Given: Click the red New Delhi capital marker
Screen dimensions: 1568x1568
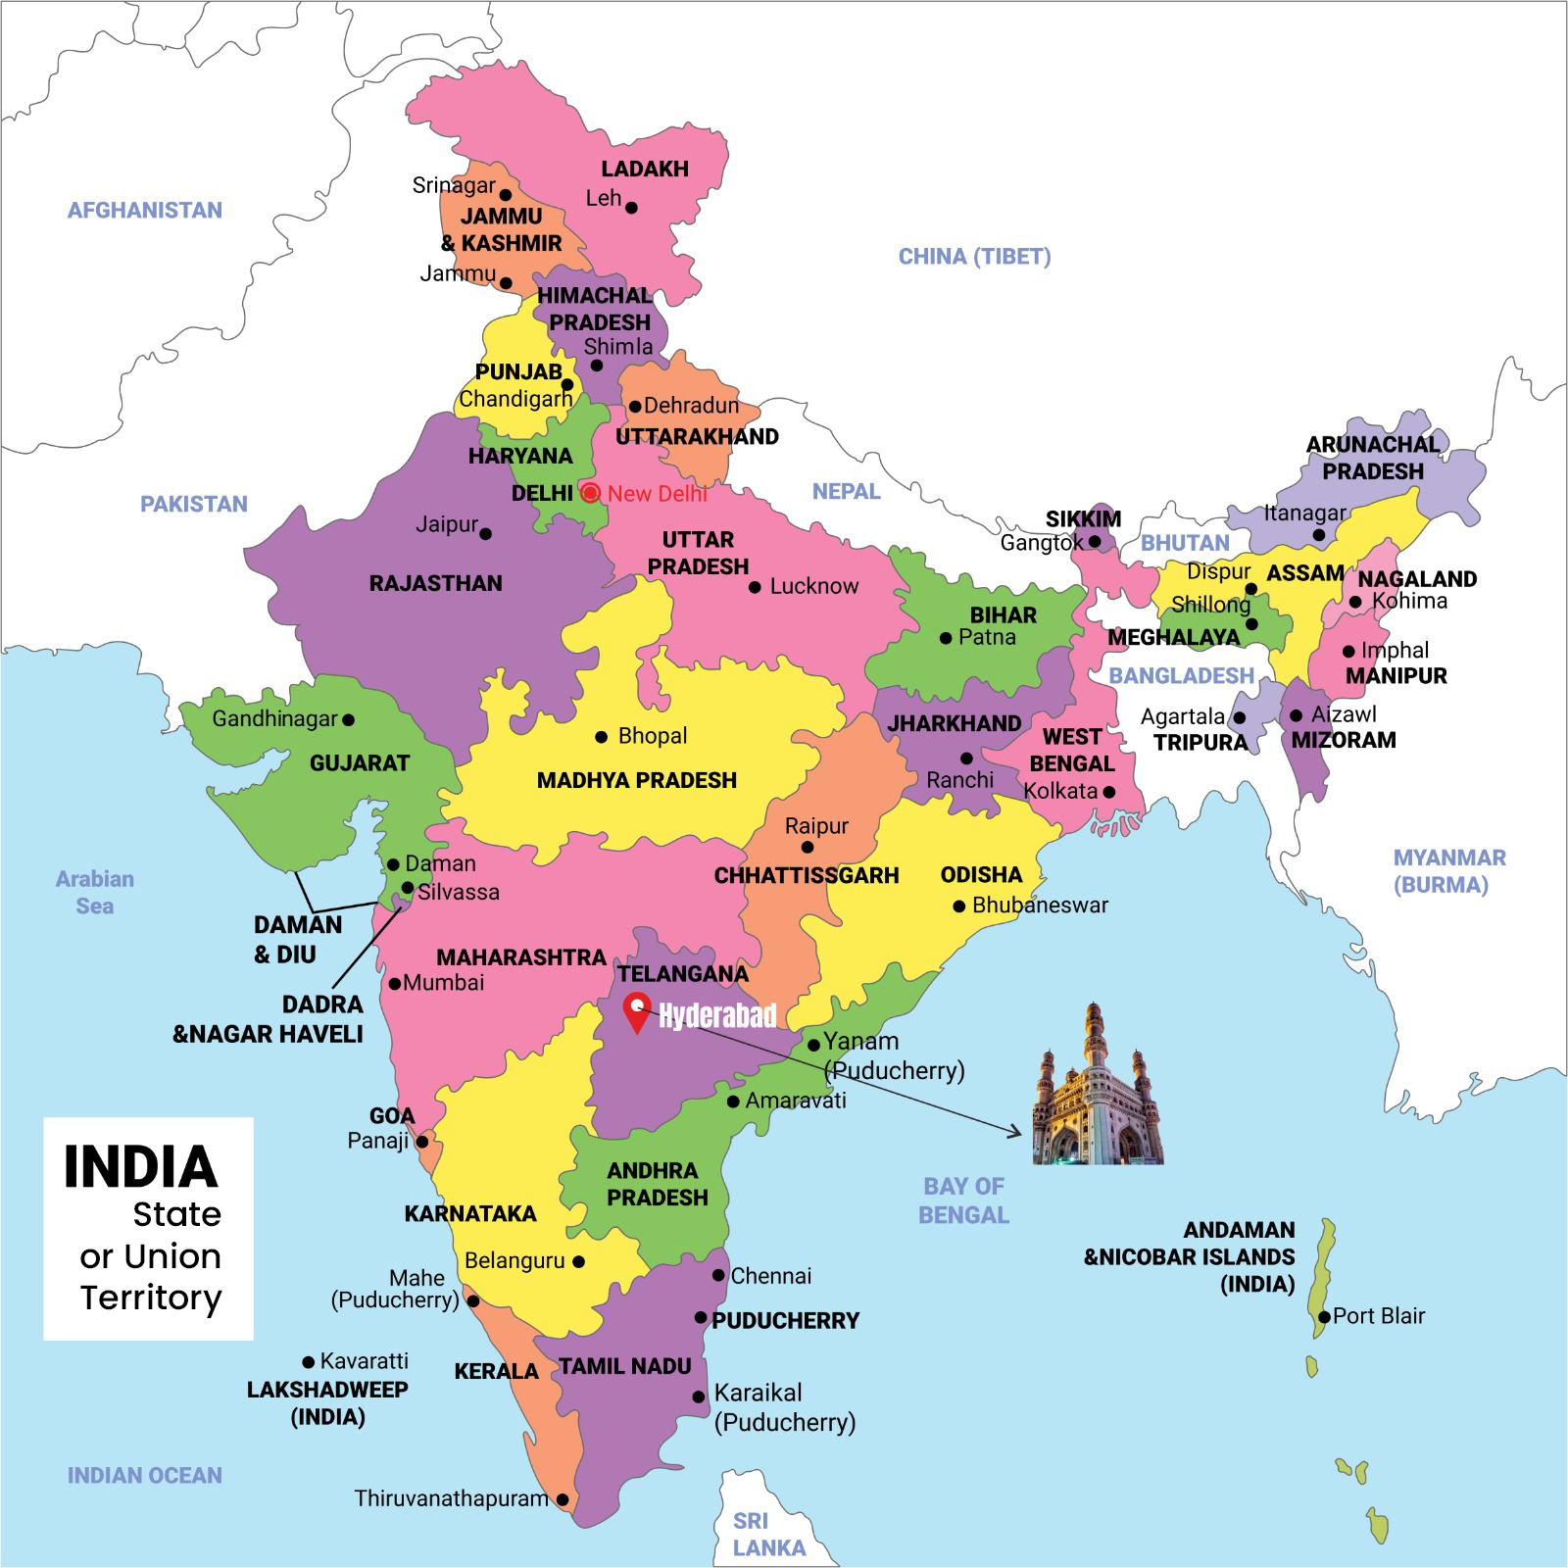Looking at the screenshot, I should pos(590,493).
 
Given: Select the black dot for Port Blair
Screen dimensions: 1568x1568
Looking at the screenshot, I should pos(1324,1317).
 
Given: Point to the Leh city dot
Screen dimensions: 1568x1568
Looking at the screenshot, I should pos(631,208).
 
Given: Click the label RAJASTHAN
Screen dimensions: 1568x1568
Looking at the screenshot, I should pos(435,583).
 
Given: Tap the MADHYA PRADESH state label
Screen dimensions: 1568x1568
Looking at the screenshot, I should pos(636,780).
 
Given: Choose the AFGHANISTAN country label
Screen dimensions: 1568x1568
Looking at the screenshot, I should pos(144,210).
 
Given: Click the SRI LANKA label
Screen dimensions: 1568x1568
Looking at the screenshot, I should pos(768,1535).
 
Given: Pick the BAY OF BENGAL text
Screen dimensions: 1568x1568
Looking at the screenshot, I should pos(963,1200).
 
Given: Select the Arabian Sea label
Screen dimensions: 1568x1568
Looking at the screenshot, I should pos(94,892).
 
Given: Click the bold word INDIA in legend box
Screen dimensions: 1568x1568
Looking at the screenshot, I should pos(140,1166).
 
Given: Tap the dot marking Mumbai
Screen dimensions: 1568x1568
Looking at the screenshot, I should pos(395,984).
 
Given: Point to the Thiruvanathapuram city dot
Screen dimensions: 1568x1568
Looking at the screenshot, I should pos(563,1499).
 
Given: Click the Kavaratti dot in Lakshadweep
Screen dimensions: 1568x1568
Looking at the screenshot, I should pos(309,1362).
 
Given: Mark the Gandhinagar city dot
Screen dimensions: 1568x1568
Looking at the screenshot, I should pos(348,719).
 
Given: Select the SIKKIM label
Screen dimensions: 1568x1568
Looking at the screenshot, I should pos(1082,518).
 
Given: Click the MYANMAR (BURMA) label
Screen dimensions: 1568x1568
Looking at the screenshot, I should pos(1448,871).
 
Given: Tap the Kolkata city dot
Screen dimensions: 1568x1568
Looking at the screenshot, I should pos(1108,792).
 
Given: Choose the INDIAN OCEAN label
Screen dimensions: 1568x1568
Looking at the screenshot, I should pos(144,1475).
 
